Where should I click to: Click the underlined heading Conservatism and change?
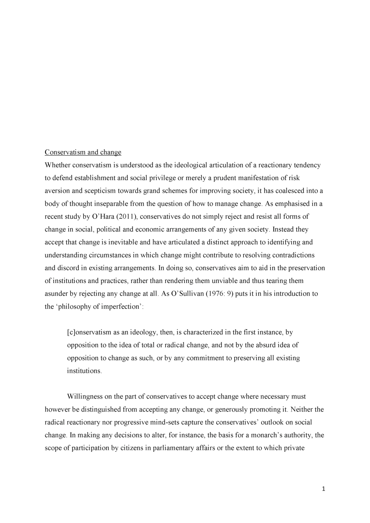[83, 152]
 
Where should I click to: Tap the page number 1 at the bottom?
[323, 489]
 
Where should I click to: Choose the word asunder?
[56, 294]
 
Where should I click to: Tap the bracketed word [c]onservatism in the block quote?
[89, 332]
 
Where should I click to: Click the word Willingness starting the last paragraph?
[85, 397]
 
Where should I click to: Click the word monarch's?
[267, 435]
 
